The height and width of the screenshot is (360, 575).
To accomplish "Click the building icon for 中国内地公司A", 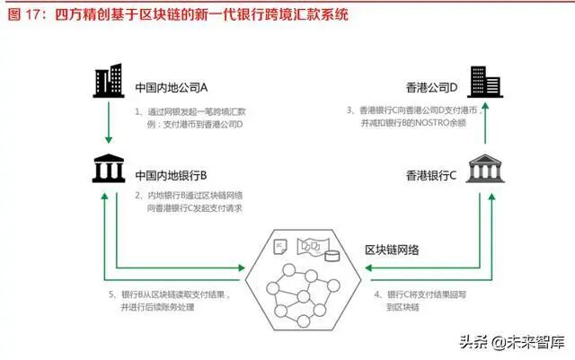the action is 107,83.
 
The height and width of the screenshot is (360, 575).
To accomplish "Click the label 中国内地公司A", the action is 171,88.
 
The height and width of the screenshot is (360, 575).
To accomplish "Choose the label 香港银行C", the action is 432,174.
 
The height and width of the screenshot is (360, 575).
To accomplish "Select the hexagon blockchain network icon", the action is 302,279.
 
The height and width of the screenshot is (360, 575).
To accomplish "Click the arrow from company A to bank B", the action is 107,126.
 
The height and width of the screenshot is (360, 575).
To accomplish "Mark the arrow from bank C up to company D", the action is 487,126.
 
